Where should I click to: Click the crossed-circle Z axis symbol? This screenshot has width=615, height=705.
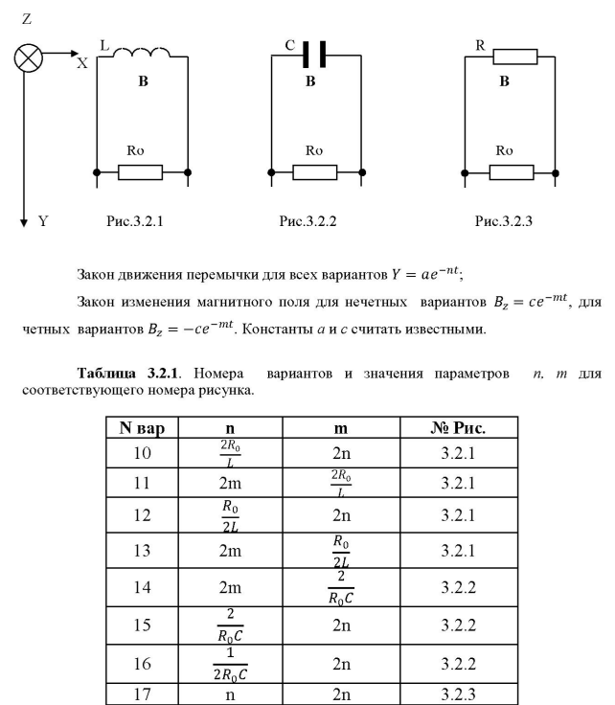(x=29, y=57)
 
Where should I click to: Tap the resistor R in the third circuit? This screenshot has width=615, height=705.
(x=516, y=57)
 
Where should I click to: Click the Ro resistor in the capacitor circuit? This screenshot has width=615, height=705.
(x=314, y=172)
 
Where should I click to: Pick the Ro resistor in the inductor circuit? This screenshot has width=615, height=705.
(x=140, y=172)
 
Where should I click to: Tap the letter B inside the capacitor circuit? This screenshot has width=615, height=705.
(x=310, y=82)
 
